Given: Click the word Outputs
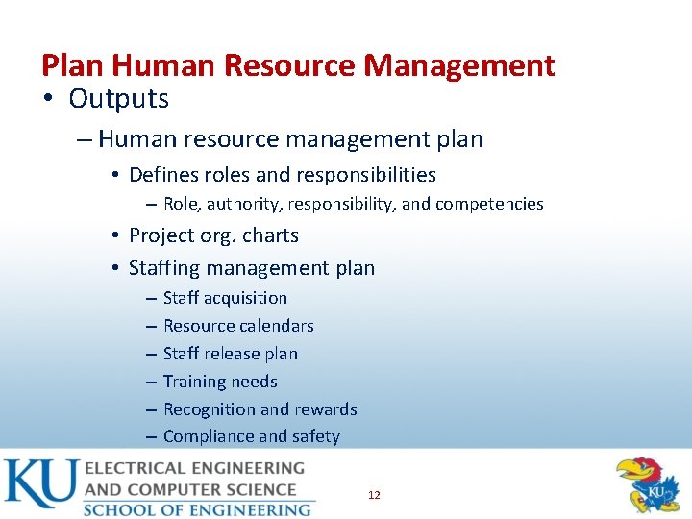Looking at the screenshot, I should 118,98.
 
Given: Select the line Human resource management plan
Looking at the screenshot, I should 290,139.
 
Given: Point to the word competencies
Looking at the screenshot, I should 489,204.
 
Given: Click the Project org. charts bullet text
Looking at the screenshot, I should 213,235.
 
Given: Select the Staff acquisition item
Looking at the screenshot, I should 225,298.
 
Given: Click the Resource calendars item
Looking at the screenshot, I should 238,326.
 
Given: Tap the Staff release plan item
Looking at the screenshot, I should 231,354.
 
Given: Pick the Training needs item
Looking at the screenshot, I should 220,382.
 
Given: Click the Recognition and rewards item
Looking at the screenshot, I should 259,409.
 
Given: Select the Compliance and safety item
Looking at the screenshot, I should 252,436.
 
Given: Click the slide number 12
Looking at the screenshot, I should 374,495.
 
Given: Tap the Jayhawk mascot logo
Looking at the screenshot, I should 649,485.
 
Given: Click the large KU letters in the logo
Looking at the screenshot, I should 40,485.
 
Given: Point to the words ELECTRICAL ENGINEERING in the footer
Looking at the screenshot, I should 194,469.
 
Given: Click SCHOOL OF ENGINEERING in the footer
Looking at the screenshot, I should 197,508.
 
